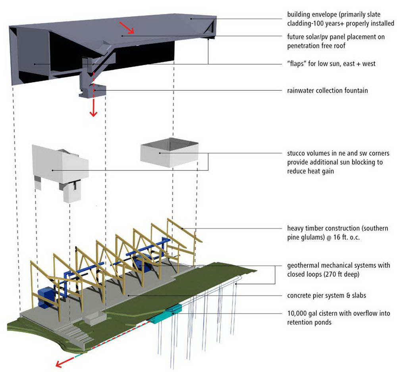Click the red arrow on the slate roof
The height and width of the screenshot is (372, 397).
127,27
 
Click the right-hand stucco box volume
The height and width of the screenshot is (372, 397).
169,152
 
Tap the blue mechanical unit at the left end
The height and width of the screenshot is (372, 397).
47,297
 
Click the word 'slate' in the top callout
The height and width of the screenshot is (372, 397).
373,14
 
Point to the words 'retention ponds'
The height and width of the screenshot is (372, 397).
309,322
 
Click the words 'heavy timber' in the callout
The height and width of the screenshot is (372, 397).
305,228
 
